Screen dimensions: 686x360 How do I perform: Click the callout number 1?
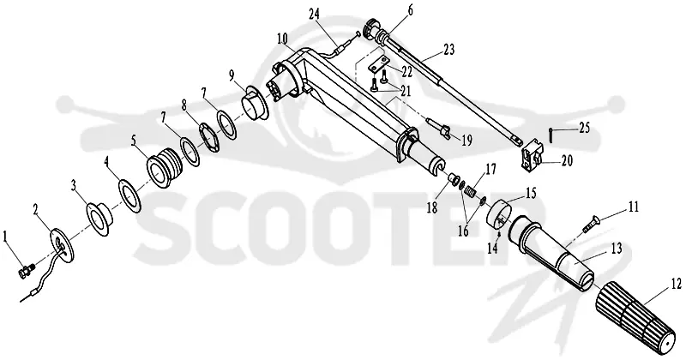(5, 237)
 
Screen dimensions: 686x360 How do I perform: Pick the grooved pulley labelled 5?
(165, 168)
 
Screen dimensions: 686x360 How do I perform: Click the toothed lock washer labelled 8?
(210, 138)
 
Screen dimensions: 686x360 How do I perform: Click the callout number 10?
(282, 38)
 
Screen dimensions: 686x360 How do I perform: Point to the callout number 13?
(616, 249)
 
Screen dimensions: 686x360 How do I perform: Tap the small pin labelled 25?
(551, 135)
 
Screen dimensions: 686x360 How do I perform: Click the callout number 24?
(326, 14)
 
